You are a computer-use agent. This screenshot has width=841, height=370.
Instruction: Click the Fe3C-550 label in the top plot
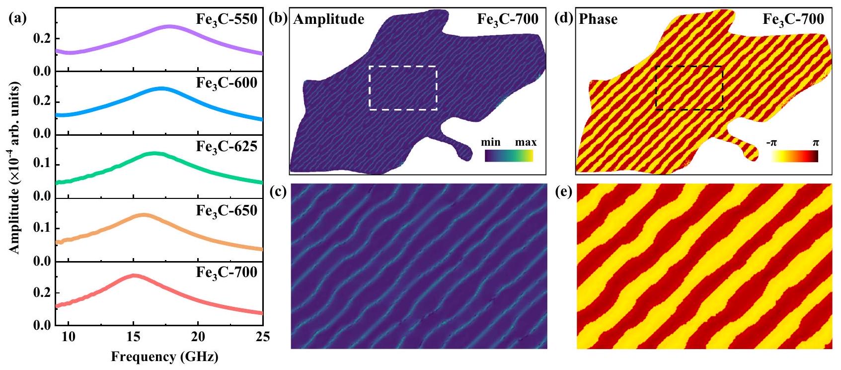click(x=227, y=20)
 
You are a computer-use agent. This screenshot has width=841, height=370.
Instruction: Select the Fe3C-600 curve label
click(x=227, y=83)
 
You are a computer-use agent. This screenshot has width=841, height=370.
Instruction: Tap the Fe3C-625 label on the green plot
click(x=227, y=147)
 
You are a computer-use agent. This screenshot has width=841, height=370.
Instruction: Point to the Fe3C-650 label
click(x=227, y=210)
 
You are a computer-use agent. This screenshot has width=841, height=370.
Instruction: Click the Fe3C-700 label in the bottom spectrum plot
click(x=227, y=273)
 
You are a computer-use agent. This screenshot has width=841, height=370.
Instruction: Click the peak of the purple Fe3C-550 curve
click(x=169, y=26)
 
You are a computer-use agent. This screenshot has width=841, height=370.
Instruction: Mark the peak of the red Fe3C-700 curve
click(x=133, y=275)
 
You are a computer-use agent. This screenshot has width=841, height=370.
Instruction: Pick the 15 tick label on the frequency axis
click(x=133, y=337)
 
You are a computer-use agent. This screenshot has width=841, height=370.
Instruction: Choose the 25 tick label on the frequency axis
click(x=262, y=337)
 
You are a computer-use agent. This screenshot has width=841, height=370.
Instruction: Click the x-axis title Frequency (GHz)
click(x=164, y=357)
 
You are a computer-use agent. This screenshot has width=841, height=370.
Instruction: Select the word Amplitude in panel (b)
click(x=329, y=19)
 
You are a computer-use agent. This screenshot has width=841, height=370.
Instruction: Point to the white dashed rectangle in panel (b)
click(x=403, y=66)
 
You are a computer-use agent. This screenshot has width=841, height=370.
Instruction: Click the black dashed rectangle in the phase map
click(x=689, y=66)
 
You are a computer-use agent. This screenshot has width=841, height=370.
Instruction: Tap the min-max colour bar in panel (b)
click(x=509, y=156)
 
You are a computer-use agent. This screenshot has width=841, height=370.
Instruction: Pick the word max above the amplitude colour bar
click(x=526, y=143)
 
